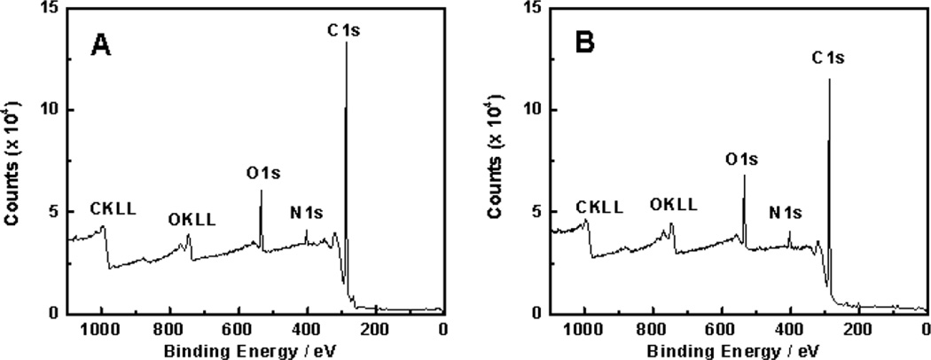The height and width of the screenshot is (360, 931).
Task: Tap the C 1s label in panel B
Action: tap(829, 59)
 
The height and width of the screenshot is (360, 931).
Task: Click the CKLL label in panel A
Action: tap(113, 210)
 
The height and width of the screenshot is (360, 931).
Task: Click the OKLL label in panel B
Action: tap(673, 205)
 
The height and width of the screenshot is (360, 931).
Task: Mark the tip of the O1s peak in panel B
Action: tap(744, 176)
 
